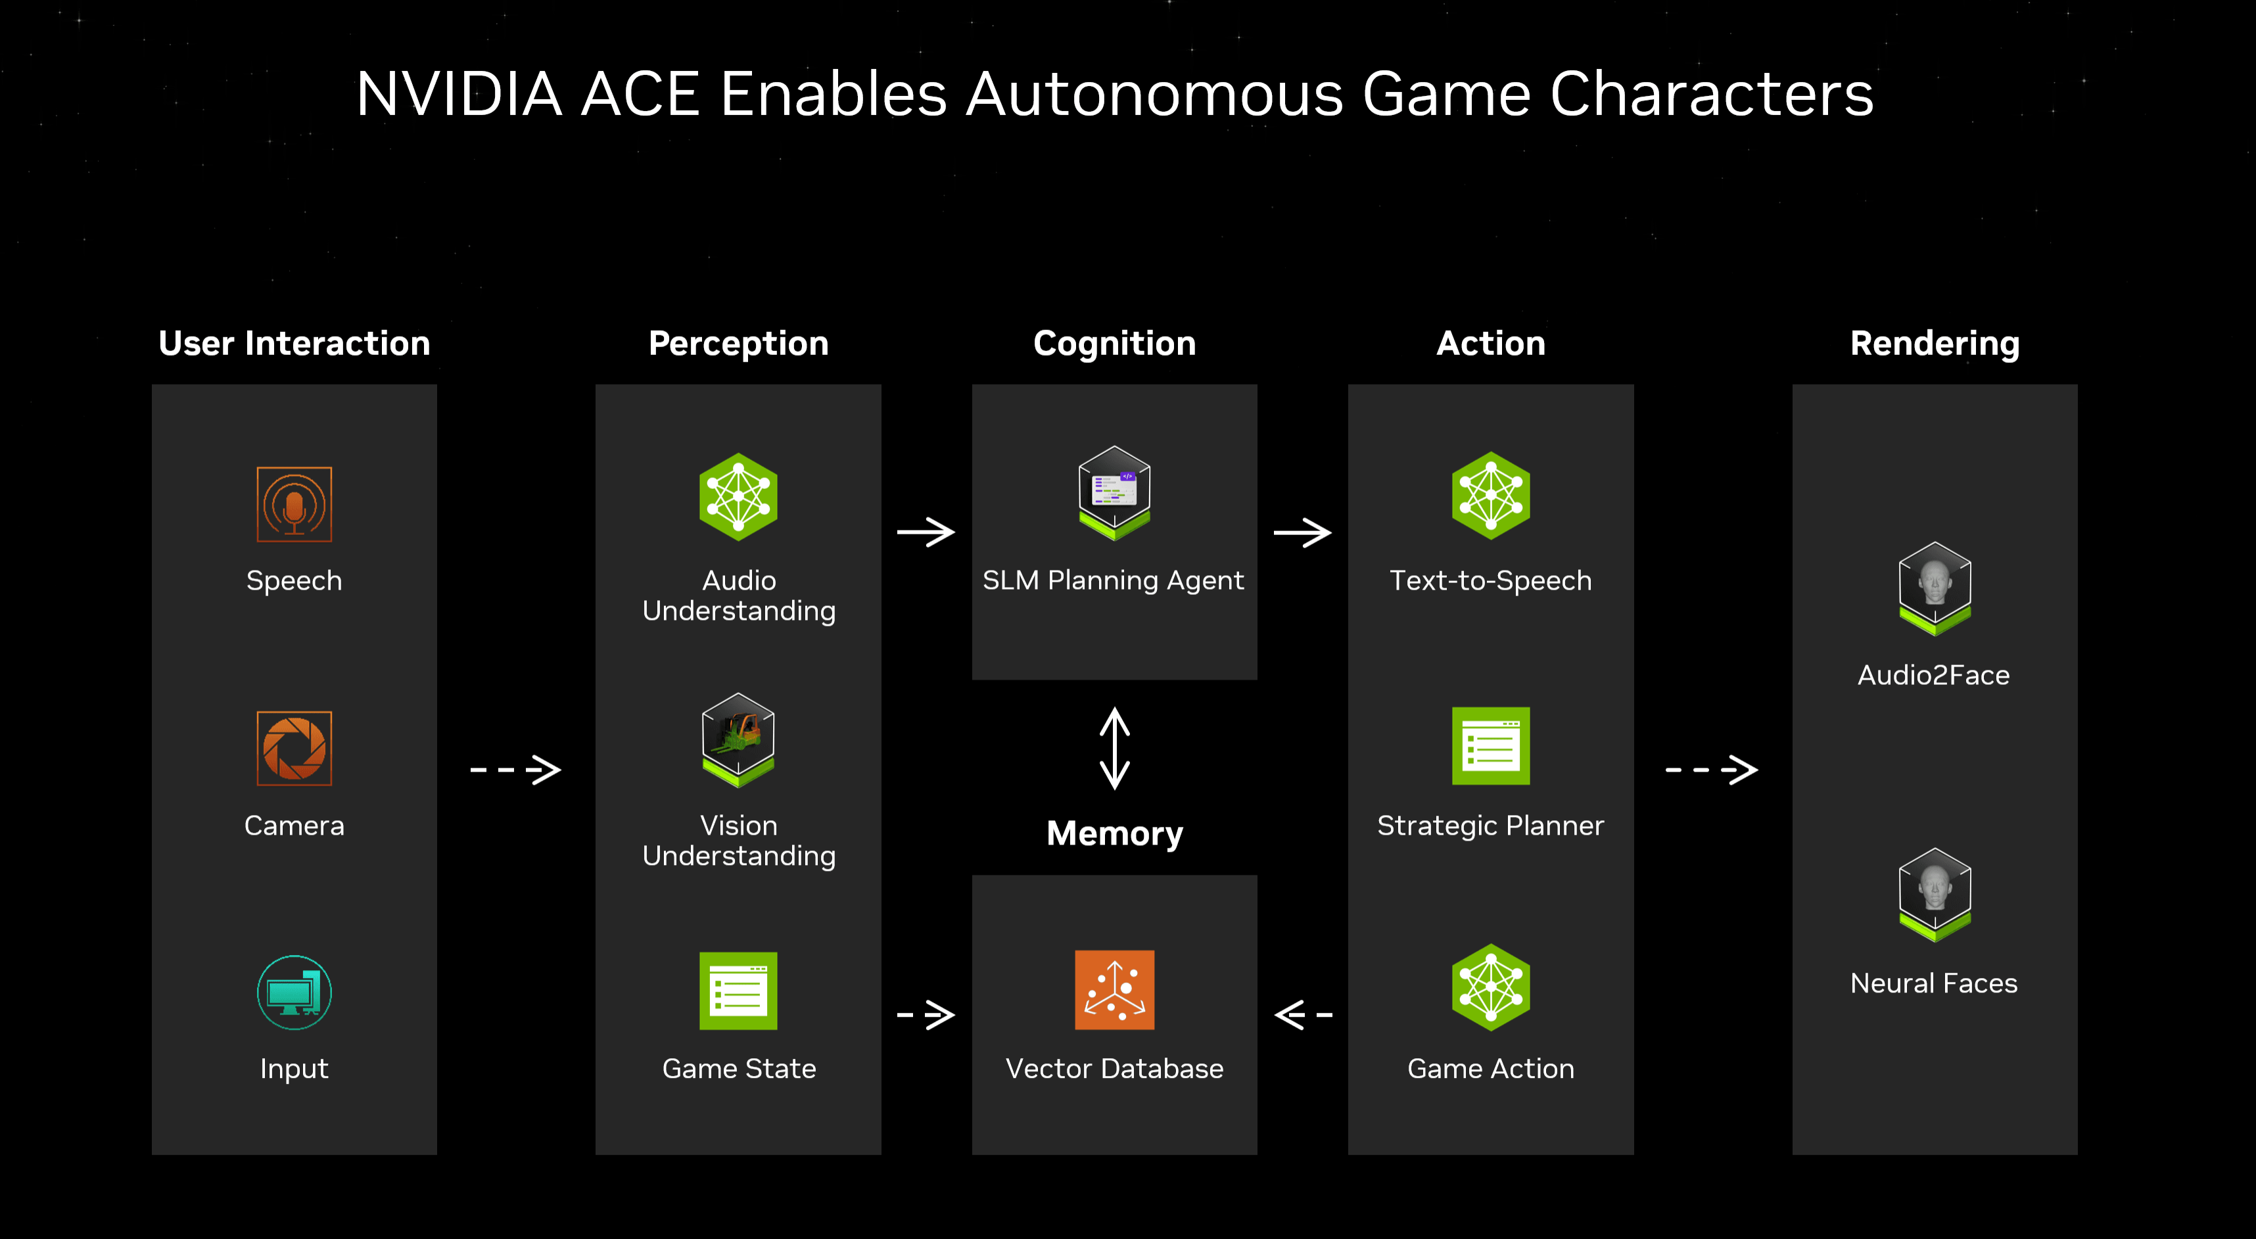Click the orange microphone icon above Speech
[x=294, y=504]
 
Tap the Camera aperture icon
[x=294, y=749]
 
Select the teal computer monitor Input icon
[x=294, y=992]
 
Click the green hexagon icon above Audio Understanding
[x=738, y=496]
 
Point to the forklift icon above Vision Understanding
[x=738, y=740]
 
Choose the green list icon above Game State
[x=738, y=991]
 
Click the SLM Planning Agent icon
[x=1114, y=493]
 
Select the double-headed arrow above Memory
[x=1114, y=748]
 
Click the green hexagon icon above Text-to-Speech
[x=1491, y=496]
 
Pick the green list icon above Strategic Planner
[x=1491, y=745]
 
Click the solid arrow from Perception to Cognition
[x=926, y=532]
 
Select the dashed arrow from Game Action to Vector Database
[x=1303, y=1015]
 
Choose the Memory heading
[x=1114, y=833]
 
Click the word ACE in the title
[x=640, y=94]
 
